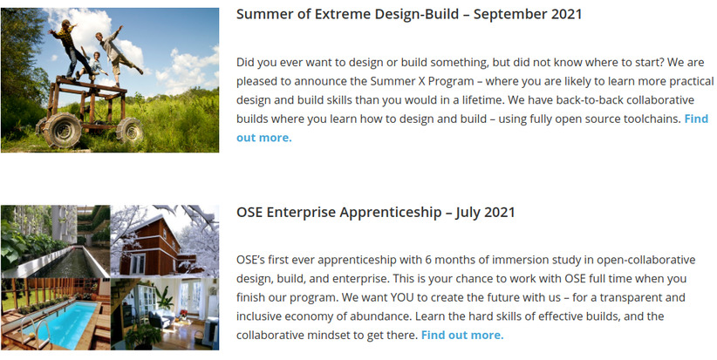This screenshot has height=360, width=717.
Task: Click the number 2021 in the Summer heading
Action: [x=566, y=14]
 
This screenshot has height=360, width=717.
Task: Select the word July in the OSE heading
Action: [x=467, y=213]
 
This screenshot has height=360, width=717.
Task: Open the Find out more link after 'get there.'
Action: [x=462, y=335]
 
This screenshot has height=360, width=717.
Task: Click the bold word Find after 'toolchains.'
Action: [x=696, y=119]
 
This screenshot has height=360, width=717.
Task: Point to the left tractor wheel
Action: [x=64, y=130]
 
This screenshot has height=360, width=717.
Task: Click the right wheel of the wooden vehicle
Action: [x=129, y=130]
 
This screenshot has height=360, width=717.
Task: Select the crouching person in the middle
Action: [x=93, y=65]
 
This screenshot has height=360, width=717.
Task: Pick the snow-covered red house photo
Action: [x=165, y=241]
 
